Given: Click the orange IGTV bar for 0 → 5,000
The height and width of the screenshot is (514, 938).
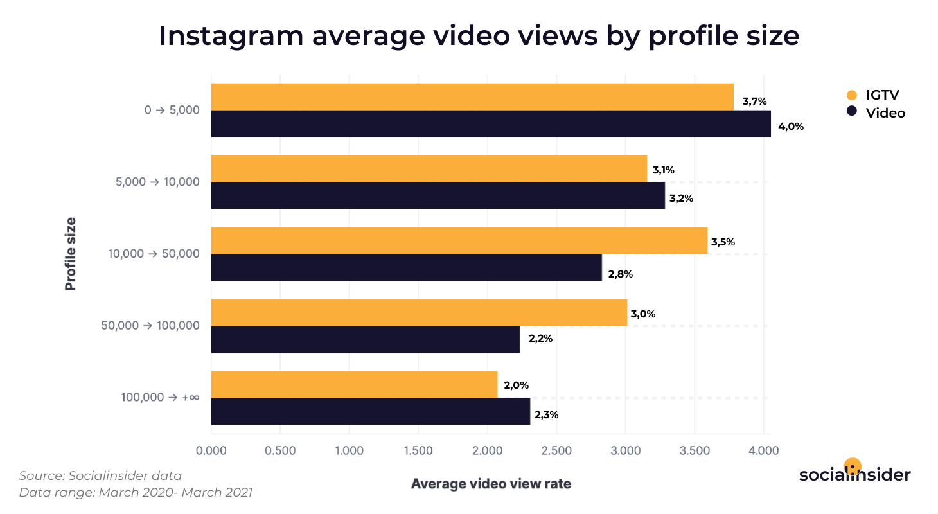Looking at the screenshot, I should tap(472, 97).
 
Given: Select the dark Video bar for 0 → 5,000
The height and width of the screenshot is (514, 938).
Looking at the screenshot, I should tap(491, 124).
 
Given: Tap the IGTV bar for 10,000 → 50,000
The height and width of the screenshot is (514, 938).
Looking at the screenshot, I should tap(459, 241).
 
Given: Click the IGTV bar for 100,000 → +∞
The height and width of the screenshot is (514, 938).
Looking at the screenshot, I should tap(354, 385).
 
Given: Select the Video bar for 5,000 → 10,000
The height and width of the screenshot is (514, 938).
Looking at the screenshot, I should tap(438, 196).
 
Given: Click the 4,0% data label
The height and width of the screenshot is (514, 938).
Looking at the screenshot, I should tap(791, 127).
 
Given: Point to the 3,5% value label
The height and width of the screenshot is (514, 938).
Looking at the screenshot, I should tap(723, 242).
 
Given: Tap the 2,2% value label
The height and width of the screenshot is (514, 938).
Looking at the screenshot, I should tap(540, 339).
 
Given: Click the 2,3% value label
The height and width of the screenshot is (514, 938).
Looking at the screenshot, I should tap(546, 415).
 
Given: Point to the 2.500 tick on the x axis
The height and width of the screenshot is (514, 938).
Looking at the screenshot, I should tap(556, 450).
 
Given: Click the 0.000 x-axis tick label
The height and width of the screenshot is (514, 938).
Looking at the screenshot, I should tap(211, 450).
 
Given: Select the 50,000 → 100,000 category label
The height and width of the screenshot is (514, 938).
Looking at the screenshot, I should tap(150, 326).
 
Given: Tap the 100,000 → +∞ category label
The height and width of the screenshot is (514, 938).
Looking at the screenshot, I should tap(160, 398).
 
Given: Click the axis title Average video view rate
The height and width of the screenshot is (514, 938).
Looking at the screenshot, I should tap(491, 484).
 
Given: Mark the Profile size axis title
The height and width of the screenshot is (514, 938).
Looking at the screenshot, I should tap(71, 254).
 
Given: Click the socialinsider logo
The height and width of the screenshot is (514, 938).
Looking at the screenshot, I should tap(854, 474).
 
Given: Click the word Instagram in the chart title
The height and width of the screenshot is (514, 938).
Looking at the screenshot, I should tap(231, 36).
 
